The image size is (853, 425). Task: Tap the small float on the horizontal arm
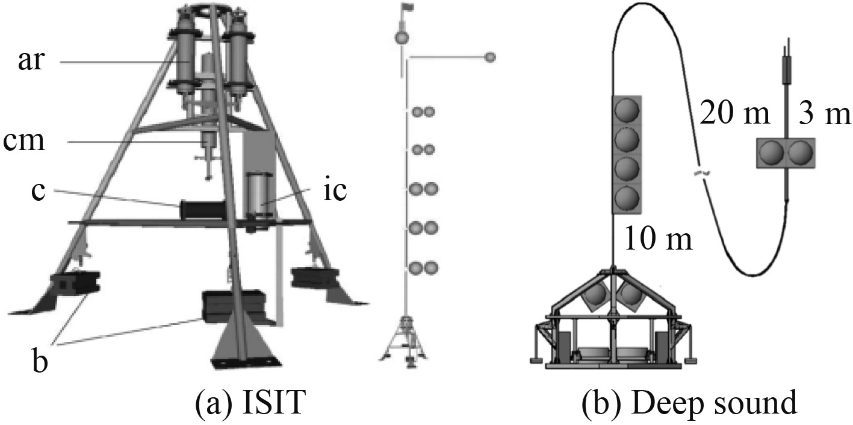click(490, 57)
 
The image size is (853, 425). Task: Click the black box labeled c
click(203, 210)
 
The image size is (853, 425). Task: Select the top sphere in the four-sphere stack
click(627, 111)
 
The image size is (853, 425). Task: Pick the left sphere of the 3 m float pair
click(771, 153)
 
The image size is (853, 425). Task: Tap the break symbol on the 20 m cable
click(699, 174)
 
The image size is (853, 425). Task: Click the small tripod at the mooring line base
click(405, 341)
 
